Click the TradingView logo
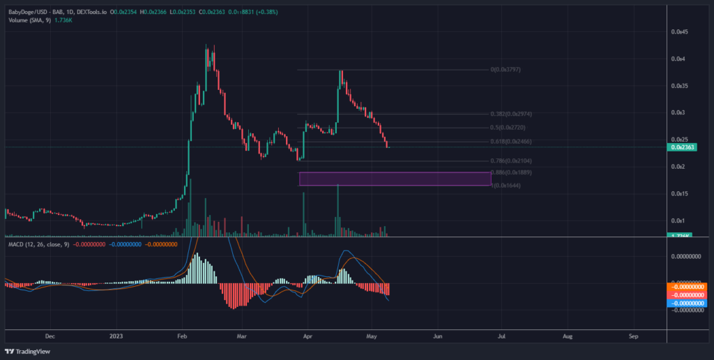click(x=24, y=351)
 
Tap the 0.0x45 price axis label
click(x=680, y=32)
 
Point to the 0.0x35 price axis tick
click(x=680, y=86)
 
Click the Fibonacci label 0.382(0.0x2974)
click(x=505, y=114)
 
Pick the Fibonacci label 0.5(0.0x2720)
click(x=502, y=128)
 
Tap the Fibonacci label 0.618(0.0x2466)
click(x=505, y=142)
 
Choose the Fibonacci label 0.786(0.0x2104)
click(x=505, y=160)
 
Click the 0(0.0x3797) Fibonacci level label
click(x=506, y=70)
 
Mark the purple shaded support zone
click(x=395, y=179)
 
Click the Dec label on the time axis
click(x=49, y=336)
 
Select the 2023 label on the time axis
click(x=116, y=336)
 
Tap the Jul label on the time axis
click(x=501, y=336)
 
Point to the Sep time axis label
click(x=633, y=336)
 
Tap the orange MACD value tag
click(x=688, y=287)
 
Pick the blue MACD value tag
click(x=688, y=303)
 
